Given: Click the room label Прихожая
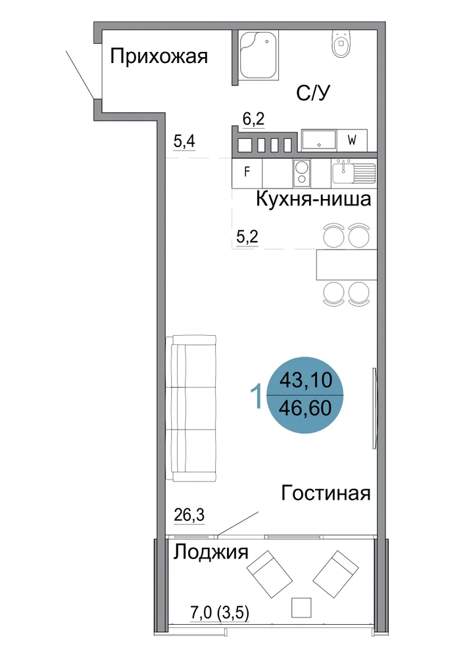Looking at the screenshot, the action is click(x=159, y=56).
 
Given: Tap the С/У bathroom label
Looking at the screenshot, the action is click(x=313, y=93).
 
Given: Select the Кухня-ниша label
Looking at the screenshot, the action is click(x=314, y=199).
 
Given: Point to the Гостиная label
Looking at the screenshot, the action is click(x=326, y=493).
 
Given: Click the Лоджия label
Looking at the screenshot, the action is click(x=211, y=552).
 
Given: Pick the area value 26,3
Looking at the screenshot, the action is click(x=189, y=514).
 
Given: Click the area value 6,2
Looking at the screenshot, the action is click(x=254, y=120).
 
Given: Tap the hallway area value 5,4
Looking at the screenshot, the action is click(x=185, y=142).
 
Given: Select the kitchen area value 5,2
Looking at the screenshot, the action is click(x=247, y=237).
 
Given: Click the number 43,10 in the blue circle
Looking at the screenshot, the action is click(x=306, y=380).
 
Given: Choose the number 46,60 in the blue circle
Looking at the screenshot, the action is click(x=305, y=408).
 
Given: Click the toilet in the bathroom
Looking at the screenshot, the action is click(x=343, y=43).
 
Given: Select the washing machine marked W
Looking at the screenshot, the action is click(x=352, y=141).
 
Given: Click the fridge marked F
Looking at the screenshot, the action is click(x=247, y=173).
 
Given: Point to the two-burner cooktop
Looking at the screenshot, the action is click(x=302, y=173).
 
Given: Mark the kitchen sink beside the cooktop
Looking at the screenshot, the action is click(x=354, y=173).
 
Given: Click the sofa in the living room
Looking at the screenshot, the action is click(x=191, y=409).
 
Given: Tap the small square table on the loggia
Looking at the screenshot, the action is click(x=301, y=608).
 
